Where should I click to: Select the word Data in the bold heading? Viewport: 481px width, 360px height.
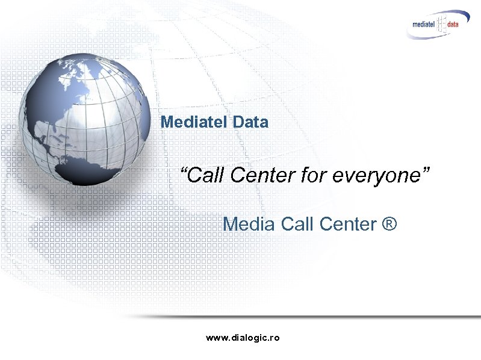[x=249, y=122]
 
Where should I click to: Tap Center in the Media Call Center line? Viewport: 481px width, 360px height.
[x=349, y=224]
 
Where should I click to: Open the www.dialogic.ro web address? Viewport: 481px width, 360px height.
[x=243, y=338]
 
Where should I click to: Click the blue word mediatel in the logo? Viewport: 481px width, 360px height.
[x=426, y=25]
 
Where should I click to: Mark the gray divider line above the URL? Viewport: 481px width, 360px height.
[x=301, y=316]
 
